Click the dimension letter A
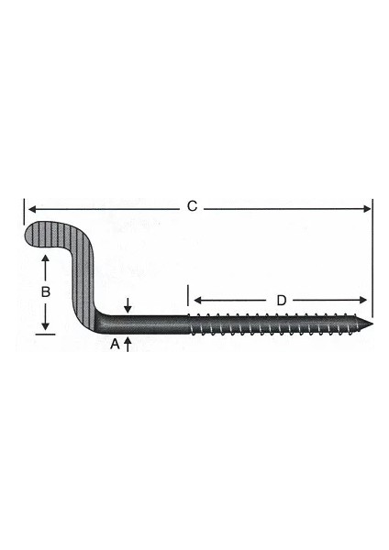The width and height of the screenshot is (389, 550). click(115, 344)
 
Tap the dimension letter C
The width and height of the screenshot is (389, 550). click(192, 207)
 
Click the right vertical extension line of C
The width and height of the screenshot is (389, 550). click(372, 257)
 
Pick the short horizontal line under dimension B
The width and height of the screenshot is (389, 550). click(44, 335)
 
